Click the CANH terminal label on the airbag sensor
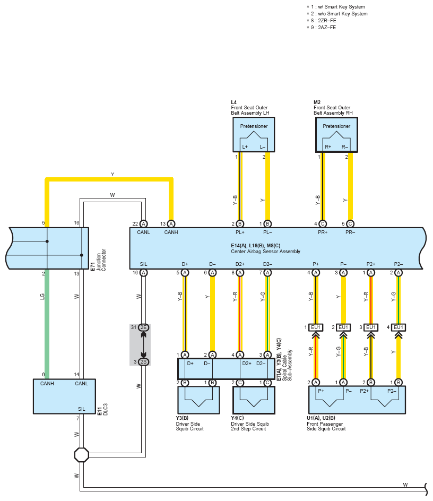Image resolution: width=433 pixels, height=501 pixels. tap(171, 232)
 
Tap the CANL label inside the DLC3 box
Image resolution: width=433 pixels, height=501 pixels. tap(81, 383)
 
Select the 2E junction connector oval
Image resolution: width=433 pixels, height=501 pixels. tap(143, 327)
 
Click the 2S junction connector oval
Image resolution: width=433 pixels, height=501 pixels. tap(143, 362)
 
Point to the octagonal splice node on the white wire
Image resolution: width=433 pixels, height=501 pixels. tap(82, 455)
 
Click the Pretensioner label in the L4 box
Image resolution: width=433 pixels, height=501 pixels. tap(254, 126)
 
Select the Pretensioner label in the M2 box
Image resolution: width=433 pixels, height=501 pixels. tap(336, 126)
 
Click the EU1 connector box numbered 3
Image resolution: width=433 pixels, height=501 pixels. tap(371, 327)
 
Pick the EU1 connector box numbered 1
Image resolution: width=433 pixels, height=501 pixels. tap(315, 327)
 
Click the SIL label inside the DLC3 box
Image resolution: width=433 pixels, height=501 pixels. tap(82, 409)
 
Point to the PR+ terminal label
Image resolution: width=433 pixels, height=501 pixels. tap(323, 232)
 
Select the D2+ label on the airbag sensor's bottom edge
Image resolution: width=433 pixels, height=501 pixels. tap(240, 264)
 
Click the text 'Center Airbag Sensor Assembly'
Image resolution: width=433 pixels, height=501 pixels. tap(265, 252)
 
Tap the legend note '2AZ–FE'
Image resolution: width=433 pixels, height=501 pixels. tap(327, 28)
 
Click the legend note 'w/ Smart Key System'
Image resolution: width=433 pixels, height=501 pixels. tap(341, 7)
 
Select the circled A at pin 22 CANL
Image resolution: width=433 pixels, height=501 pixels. tap(143, 224)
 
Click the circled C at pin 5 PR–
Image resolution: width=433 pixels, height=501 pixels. tap(350, 224)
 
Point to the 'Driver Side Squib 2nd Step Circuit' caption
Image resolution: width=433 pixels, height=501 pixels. tap(250, 426)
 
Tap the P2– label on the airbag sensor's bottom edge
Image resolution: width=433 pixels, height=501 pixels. tap(398, 264)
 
